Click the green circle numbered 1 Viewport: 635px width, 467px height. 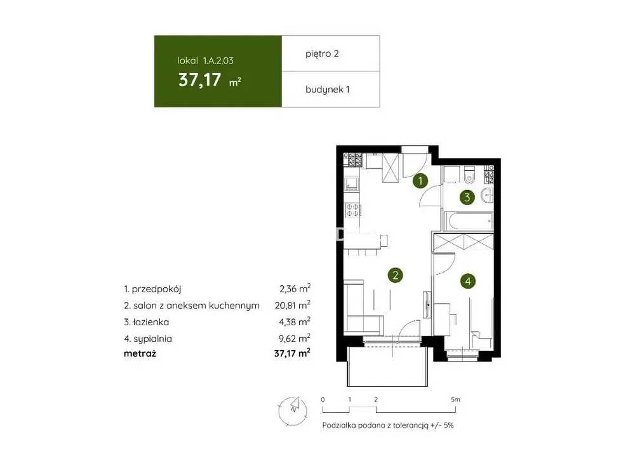[420, 181]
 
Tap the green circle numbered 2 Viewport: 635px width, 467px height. [395, 275]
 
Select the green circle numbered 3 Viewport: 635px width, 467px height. [467, 198]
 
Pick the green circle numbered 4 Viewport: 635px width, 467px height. [468, 281]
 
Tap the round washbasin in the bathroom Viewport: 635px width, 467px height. [488, 196]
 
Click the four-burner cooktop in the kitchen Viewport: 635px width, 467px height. [352, 210]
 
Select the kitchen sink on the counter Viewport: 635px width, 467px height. [352, 184]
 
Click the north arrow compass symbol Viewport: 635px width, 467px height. [293, 410]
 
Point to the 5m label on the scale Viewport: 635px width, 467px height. [455, 399]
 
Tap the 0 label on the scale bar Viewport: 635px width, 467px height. [323, 399]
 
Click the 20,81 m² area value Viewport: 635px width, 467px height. [292, 305]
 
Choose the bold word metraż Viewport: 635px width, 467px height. [140, 353]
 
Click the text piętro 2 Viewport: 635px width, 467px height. [322, 54]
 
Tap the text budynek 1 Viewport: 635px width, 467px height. [327, 90]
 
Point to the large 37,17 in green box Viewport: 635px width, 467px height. [199, 80]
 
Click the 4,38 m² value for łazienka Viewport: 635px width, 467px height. [295, 321]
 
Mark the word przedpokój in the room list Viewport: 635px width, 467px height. [156, 289]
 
